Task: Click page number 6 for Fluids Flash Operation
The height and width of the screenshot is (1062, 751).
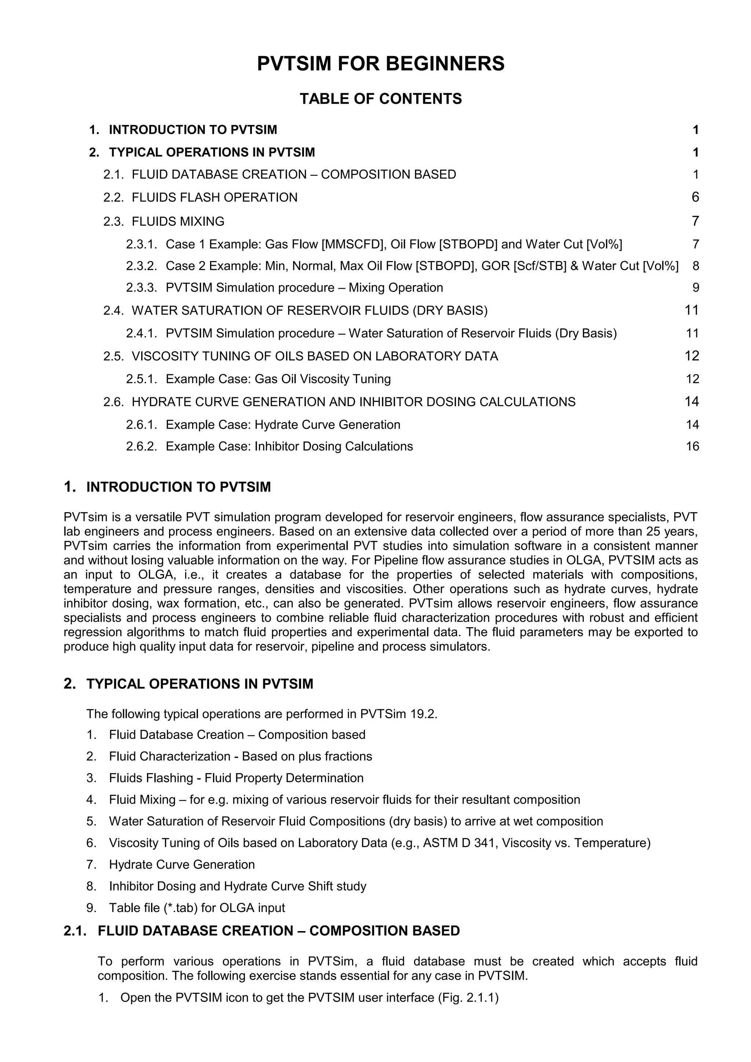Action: coord(695,198)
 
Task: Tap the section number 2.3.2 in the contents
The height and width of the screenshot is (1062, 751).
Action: coord(142,266)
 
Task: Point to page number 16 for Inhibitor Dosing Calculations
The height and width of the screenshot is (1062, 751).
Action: coord(692,447)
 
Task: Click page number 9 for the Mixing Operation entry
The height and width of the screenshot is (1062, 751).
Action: coord(696,288)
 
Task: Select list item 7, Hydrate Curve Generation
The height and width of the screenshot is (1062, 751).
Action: coord(182,864)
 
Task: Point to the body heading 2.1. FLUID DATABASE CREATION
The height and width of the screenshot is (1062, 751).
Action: coord(261,931)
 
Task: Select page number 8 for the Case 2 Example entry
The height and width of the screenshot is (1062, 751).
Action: coord(696,266)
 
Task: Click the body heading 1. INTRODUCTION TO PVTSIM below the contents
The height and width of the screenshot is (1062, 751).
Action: coord(167,487)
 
